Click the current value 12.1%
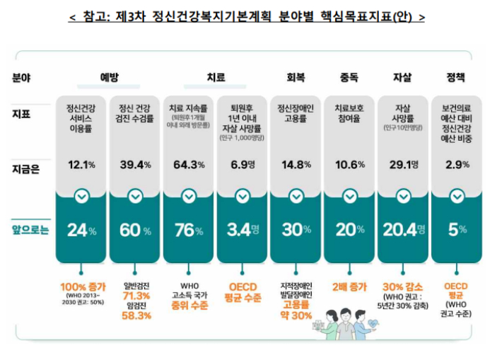(x=81, y=165)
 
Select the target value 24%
(x=81, y=230)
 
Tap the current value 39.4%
(x=135, y=165)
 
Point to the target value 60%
(x=135, y=230)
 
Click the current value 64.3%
(x=189, y=165)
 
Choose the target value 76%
(x=189, y=230)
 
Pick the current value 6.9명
(x=243, y=165)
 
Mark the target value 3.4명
(x=243, y=230)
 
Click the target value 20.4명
(x=404, y=230)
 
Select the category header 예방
(x=109, y=76)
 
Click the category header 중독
(x=349, y=76)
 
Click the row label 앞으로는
(x=30, y=230)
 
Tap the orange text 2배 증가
(x=349, y=287)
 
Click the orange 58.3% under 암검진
(x=137, y=316)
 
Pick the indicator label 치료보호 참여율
(x=349, y=114)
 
